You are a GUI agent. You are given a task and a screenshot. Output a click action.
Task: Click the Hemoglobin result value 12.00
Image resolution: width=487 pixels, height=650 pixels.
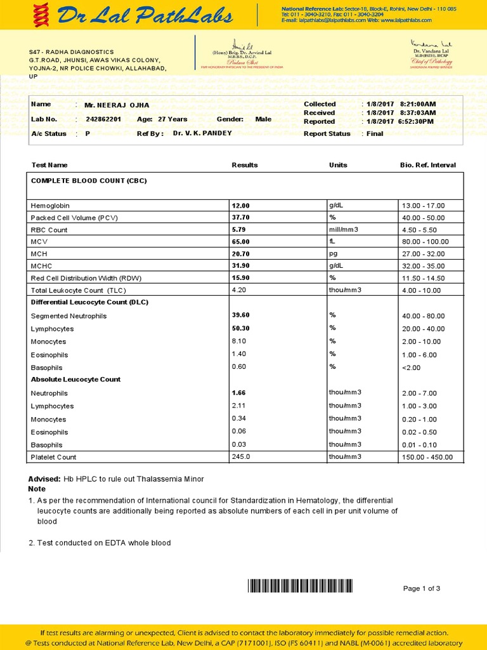point(241,206)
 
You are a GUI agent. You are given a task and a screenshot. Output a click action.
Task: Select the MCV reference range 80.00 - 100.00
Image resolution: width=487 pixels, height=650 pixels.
point(425,242)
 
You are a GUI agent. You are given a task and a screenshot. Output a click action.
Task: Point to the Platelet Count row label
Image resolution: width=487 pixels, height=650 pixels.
point(54,457)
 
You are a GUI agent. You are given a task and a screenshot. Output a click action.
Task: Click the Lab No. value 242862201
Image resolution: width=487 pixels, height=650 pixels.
point(103,119)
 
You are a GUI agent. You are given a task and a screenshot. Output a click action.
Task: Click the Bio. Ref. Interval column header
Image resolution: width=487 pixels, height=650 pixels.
point(427,165)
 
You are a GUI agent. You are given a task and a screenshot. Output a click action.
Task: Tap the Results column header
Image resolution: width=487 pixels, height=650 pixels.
point(245,165)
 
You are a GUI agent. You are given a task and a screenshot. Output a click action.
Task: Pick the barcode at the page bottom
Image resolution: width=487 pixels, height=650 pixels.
point(300,586)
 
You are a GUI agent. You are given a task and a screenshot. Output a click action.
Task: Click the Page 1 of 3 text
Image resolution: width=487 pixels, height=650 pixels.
point(422,588)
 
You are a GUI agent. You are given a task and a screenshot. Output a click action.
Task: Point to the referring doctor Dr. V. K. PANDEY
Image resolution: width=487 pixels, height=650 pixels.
point(202,133)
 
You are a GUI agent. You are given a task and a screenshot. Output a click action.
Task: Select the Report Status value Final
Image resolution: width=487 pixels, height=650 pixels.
point(375,134)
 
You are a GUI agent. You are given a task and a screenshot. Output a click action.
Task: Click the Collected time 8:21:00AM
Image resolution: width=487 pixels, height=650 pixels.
point(418,104)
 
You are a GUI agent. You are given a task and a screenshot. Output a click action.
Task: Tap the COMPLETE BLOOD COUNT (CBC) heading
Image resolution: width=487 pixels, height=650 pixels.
point(89,181)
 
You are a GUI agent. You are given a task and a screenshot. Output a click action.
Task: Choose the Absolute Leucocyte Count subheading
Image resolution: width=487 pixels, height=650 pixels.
point(75,380)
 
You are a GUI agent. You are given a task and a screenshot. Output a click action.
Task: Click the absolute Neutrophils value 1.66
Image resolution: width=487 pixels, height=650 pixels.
point(238,393)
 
